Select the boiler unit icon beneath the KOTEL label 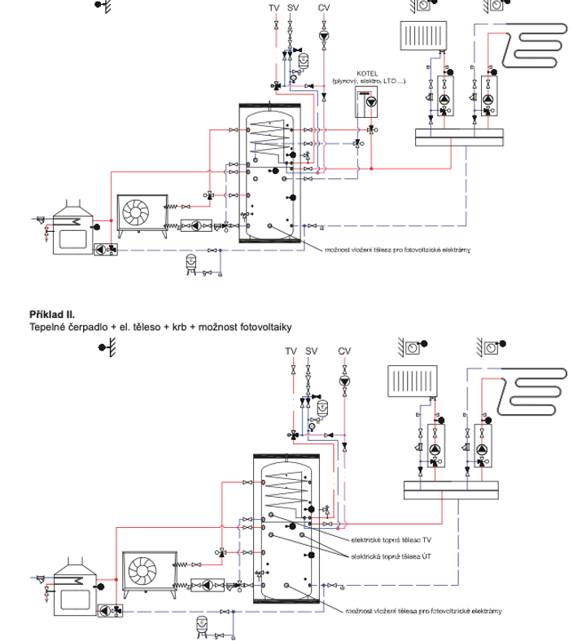(369, 102)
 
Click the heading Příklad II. (52, 314)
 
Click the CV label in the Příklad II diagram (345, 351)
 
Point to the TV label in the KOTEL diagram (274, 7)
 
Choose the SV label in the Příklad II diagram (312, 351)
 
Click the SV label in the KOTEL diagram (294, 7)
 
